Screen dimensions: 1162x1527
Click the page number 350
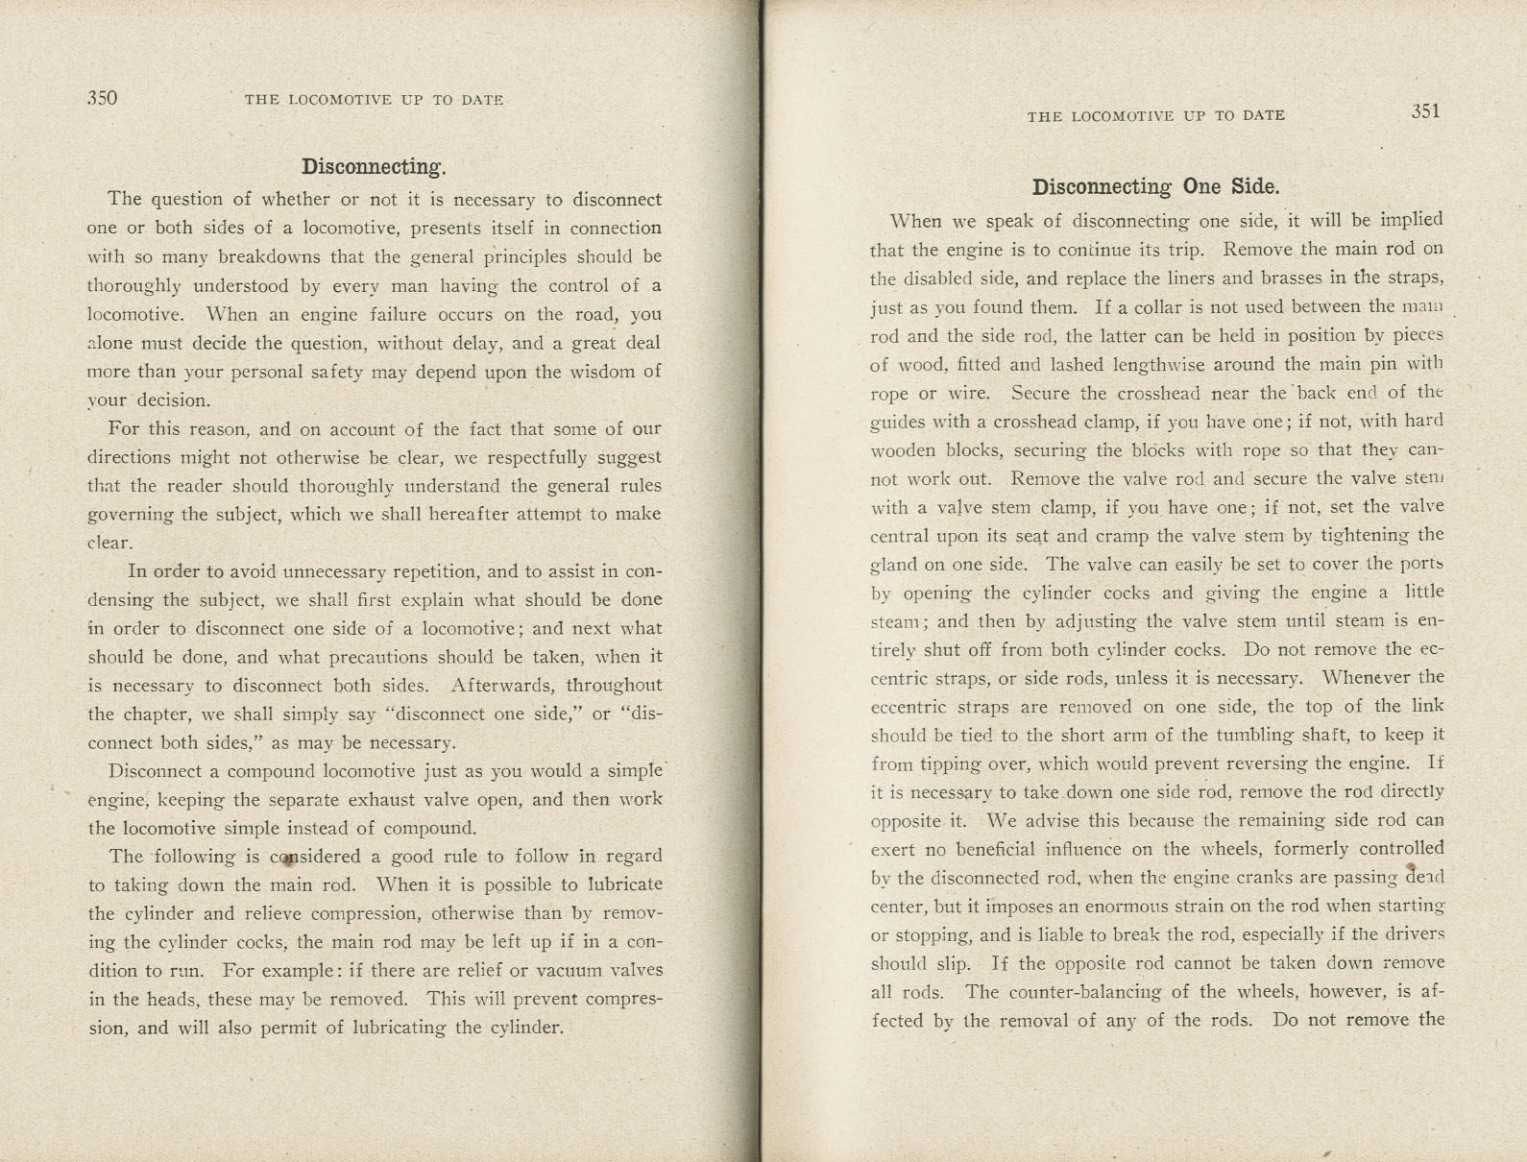point(102,98)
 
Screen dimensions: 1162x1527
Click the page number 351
point(1425,111)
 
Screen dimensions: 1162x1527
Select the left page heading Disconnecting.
point(374,166)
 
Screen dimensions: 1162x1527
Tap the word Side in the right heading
point(1257,186)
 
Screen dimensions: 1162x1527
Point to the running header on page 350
point(374,99)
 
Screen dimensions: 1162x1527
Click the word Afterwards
point(503,686)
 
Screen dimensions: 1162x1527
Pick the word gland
point(893,565)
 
